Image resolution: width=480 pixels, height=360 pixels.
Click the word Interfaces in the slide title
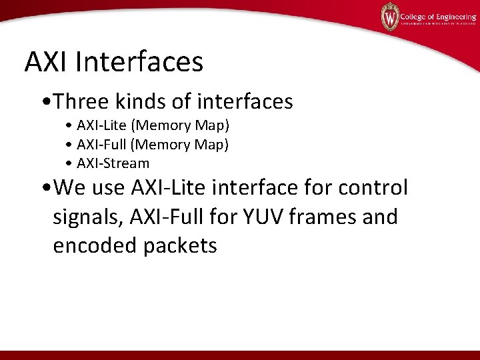(140, 62)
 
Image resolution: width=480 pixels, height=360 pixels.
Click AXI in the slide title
(47, 62)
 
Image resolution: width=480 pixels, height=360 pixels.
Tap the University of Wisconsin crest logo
(390, 17)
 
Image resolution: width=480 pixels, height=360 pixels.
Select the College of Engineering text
(436, 14)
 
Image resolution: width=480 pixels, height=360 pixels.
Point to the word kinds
(139, 101)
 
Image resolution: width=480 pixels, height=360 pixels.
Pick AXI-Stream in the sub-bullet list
(113, 163)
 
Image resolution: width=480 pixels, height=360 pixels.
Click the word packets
(180, 245)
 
